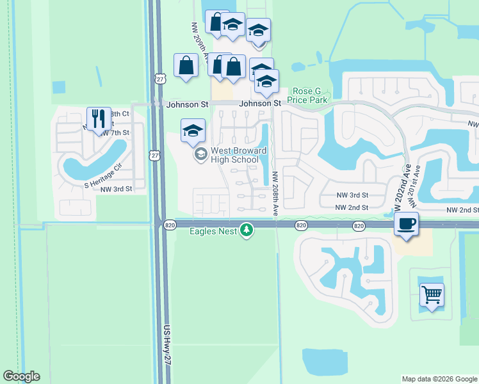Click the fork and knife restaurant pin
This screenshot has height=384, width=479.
coord(99,118)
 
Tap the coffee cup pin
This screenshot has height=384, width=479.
coord(406,224)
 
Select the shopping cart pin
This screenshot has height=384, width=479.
coord(432,295)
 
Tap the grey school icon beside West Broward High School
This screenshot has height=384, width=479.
coord(200,154)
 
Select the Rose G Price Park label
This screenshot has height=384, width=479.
coord(310,96)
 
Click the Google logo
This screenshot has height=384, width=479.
coord(21,376)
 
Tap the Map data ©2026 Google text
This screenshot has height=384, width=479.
coord(439,379)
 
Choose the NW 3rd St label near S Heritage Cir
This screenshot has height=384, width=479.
coord(115,189)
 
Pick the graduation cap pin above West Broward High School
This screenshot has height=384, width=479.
coord(193,131)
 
